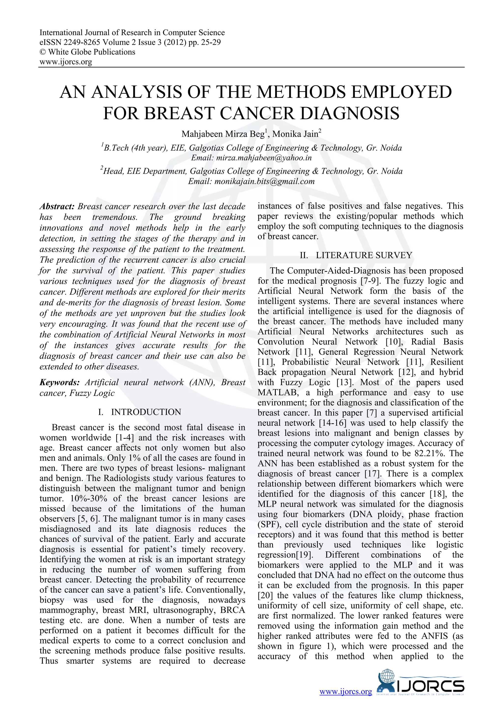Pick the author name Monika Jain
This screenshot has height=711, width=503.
tap(295, 134)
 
